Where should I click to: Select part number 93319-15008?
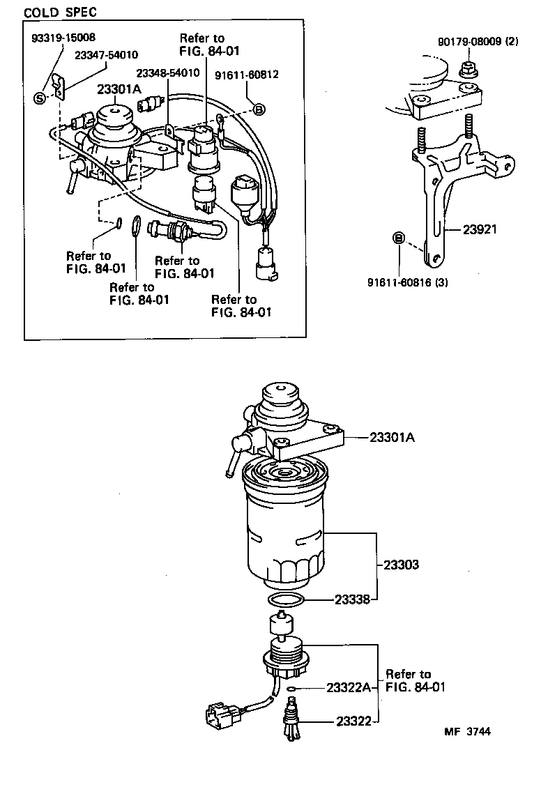click(x=63, y=37)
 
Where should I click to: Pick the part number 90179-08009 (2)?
click(x=478, y=43)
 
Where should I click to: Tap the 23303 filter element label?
click(x=400, y=565)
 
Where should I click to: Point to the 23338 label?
click(x=352, y=599)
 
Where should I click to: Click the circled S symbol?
click(x=40, y=98)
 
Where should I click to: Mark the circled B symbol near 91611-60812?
click(x=258, y=109)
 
